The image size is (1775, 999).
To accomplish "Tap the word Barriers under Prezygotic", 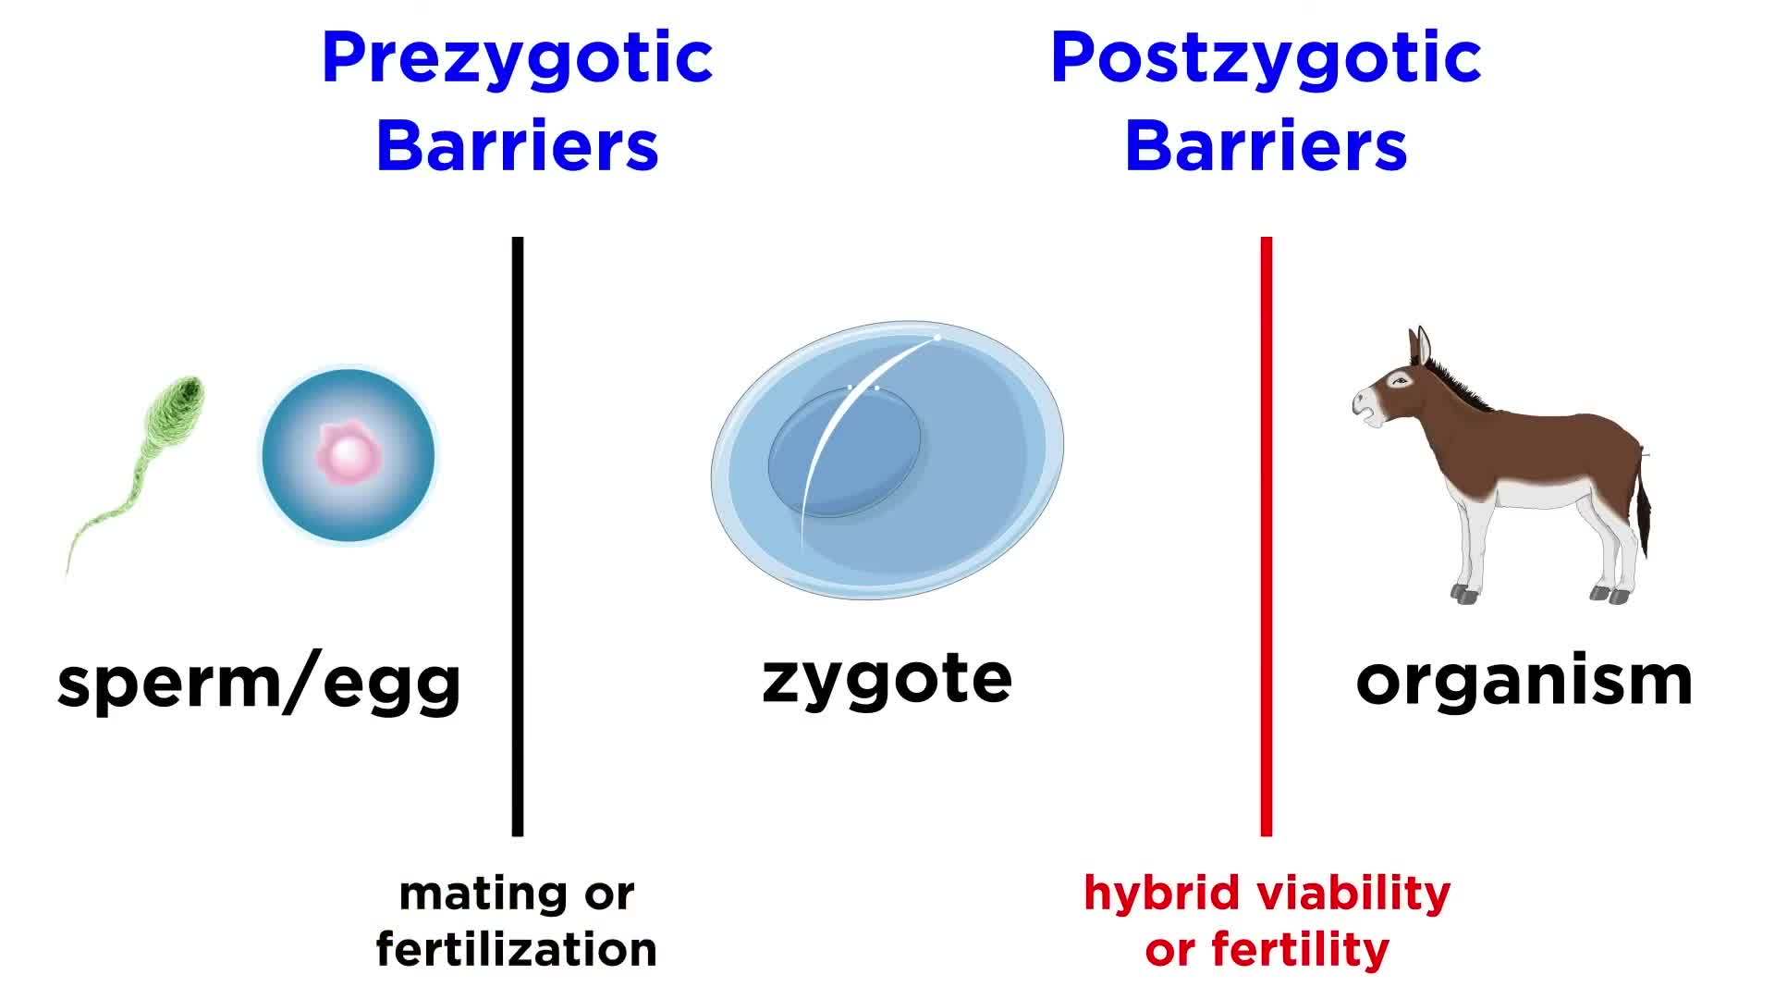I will (517, 146).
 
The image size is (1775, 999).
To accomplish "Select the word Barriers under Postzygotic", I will (1266, 146).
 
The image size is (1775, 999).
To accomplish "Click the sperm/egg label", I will (259, 683).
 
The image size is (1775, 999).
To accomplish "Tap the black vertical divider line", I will (518, 536).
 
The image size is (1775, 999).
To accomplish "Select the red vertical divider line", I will (1267, 536).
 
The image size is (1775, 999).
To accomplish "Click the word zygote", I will (887, 680).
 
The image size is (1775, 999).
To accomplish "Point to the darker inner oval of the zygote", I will (844, 451).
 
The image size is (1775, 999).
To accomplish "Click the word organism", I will (1524, 683).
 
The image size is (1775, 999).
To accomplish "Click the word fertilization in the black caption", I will (517, 950).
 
